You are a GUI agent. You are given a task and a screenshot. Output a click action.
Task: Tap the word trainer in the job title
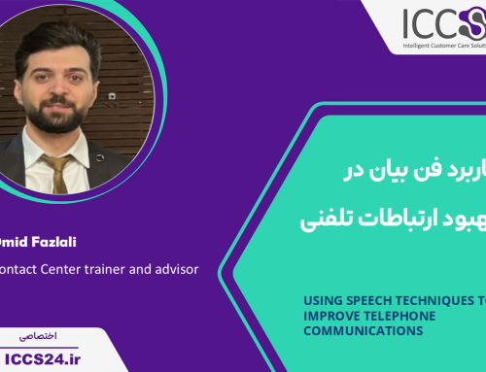[x=86, y=269]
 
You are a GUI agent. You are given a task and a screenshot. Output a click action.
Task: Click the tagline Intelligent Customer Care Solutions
[x=442, y=45]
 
